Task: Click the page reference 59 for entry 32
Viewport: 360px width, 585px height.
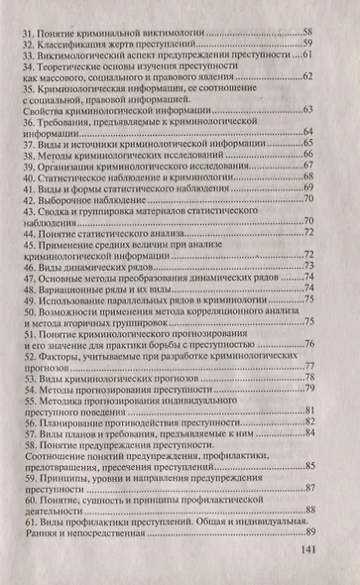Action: [308, 44]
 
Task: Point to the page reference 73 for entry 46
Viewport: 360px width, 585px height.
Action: [308, 265]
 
